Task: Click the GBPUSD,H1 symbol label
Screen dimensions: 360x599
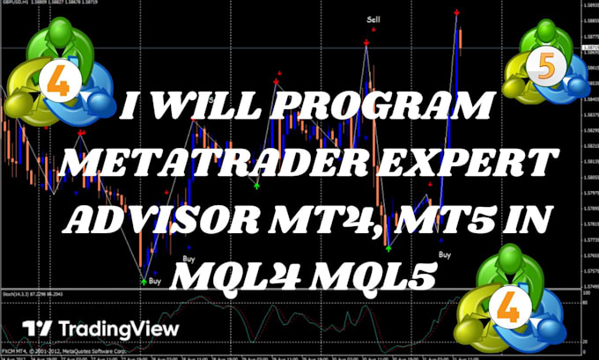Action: tap(18, 4)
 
